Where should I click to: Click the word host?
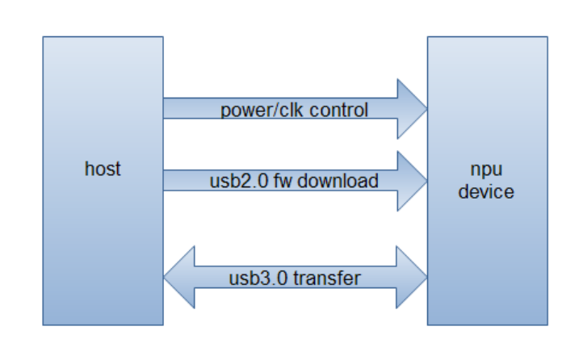point(103,170)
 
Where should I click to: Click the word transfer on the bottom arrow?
point(326,278)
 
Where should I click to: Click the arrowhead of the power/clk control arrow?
point(412,109)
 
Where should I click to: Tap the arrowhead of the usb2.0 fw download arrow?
point(412,180)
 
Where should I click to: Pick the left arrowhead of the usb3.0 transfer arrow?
point(179,278)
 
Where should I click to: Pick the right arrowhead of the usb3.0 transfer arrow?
point(412,278)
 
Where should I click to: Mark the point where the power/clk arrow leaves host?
point(164,109)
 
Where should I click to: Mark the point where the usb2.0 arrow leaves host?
point(164,180)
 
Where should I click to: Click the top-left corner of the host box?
point(43,36)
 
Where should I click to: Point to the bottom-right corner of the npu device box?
point(548,325)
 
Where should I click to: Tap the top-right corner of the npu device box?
point(548,36)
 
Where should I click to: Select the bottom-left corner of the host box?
point(43,325)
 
